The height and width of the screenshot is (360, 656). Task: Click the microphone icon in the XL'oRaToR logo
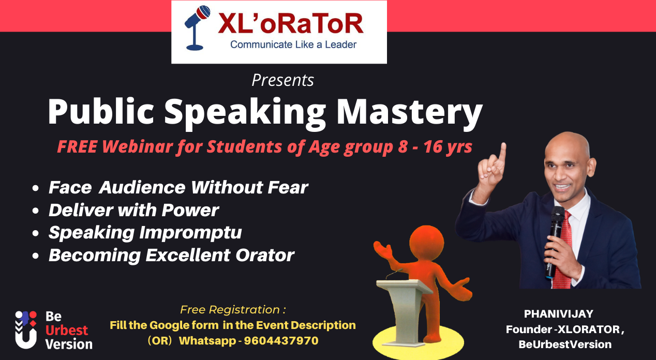[197, 28]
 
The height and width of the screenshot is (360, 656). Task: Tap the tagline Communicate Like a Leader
[293, 45]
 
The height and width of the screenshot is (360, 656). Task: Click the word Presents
[282, 81]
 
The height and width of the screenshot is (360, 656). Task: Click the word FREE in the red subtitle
[77, 147]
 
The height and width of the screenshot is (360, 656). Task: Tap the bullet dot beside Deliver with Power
[35, 211]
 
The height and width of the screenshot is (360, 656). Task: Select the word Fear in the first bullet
[288, 187]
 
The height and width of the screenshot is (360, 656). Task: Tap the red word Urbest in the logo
[67, 330]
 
